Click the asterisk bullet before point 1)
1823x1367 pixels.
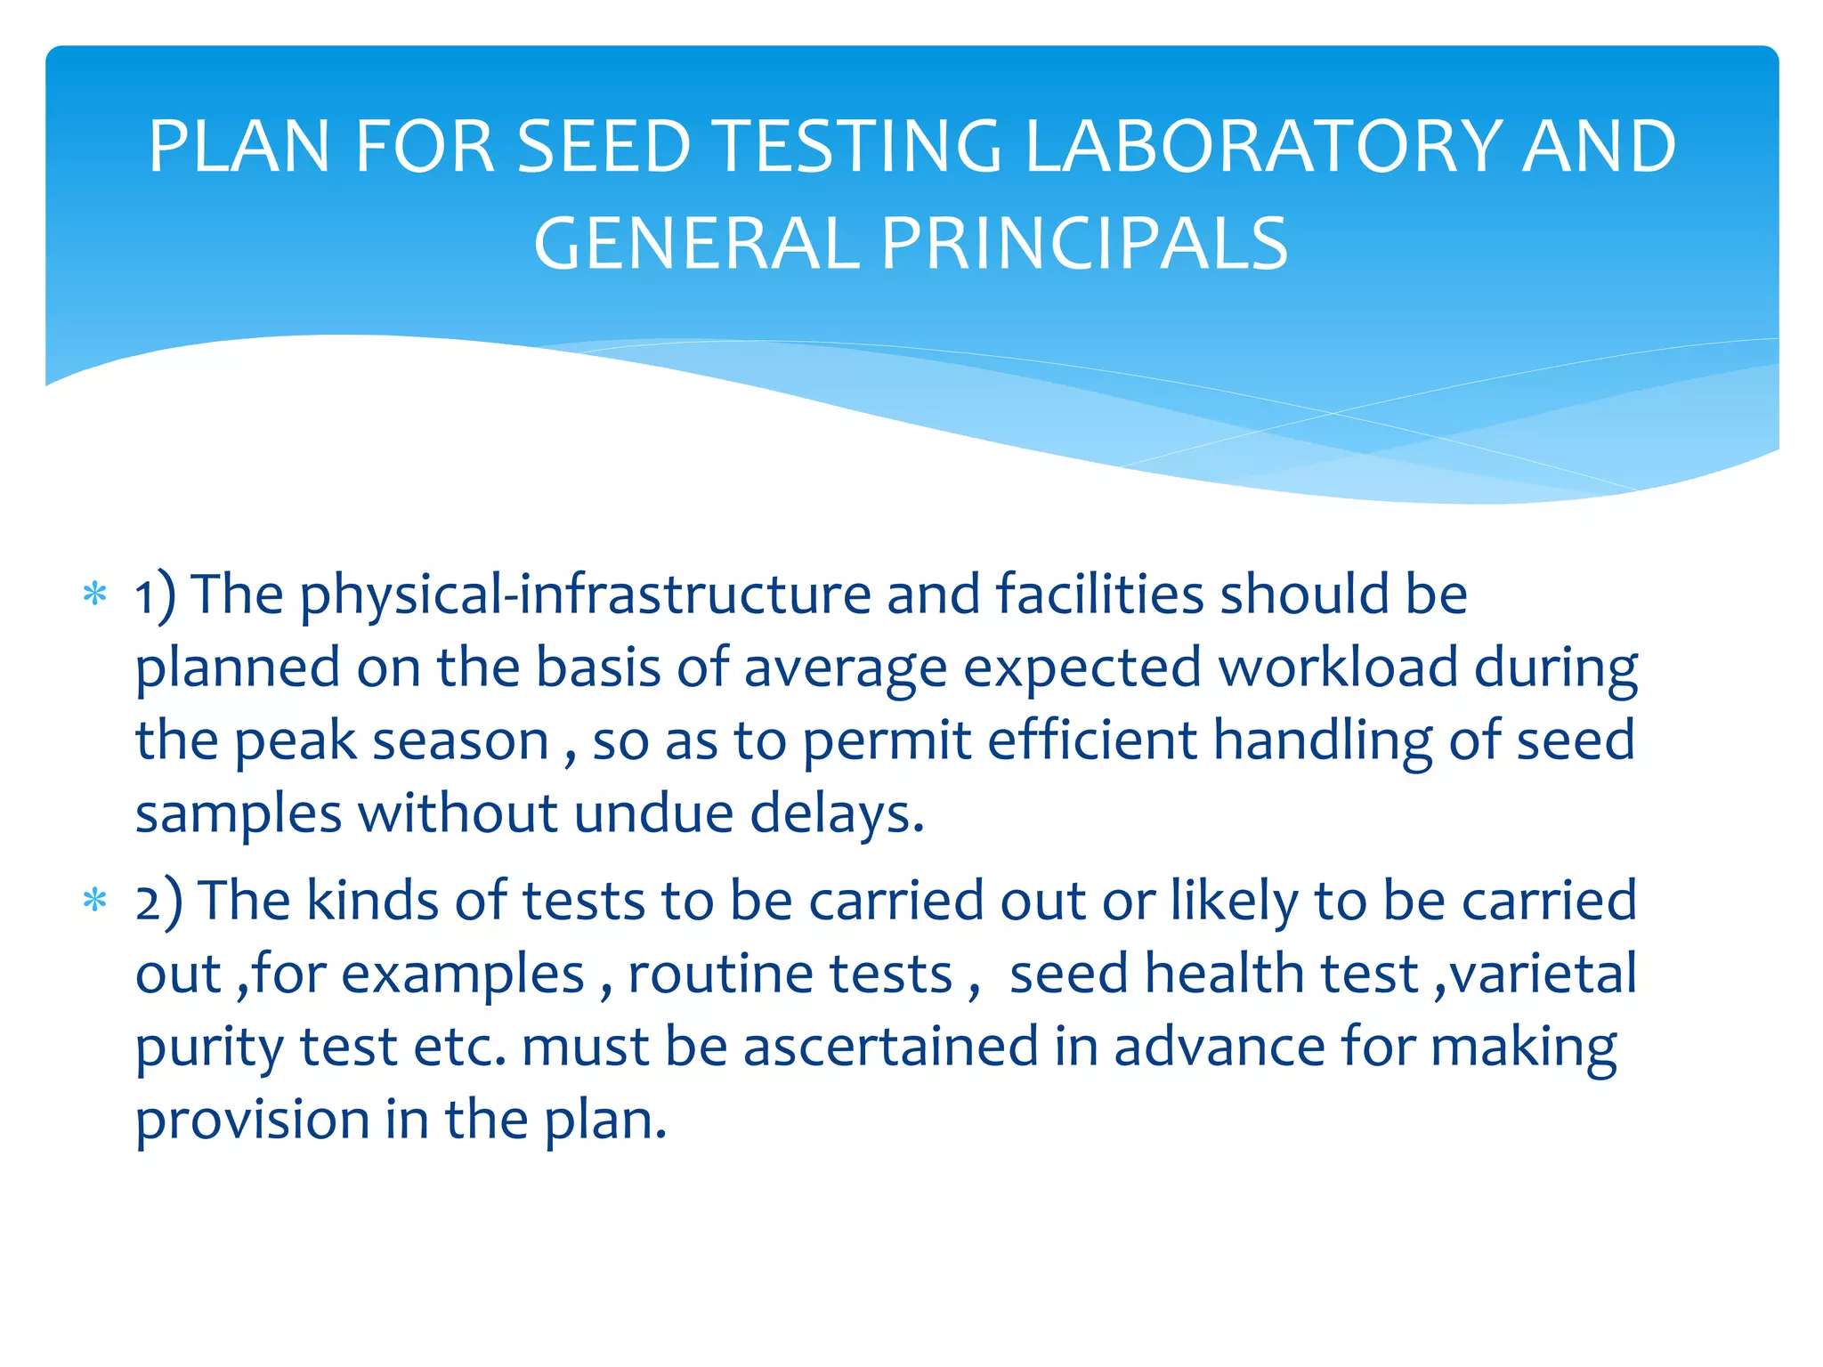click(94, 595)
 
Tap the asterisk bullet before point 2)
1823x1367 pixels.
click(94, 901)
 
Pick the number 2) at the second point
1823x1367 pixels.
click(158, 901)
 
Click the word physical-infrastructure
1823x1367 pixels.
click(585, 595)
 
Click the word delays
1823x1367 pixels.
click(837, 813)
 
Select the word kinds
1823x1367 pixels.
click(372, 901)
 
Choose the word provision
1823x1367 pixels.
click(252, 1120)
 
